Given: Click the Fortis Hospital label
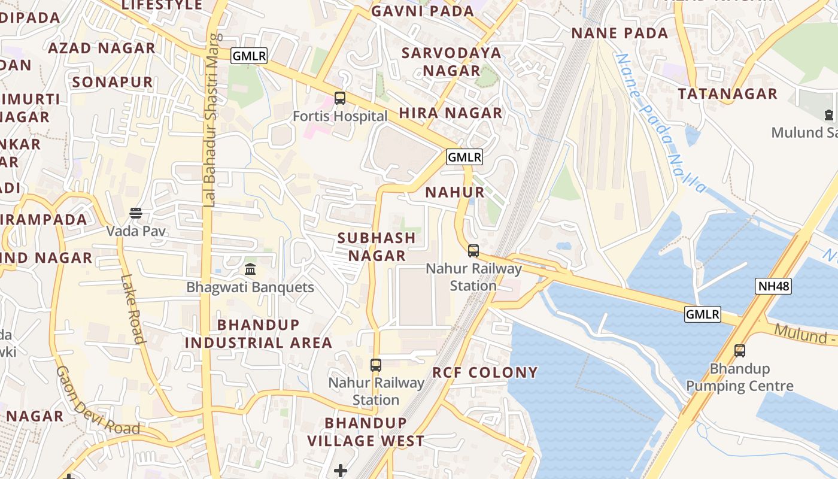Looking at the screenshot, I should (x=340, y=116).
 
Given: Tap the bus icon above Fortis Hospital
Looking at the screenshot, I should (x=340, y=98).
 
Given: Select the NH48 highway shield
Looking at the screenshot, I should (x=773, y=286).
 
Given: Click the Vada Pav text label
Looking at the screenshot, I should (x=136, y=231).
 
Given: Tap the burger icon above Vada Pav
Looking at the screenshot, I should (x=136, y=213).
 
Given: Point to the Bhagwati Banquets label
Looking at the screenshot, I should (x=250, y=287).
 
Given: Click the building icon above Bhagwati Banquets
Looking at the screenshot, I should (x=250, y=269).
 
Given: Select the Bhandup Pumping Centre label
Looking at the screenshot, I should (x=740, y=377).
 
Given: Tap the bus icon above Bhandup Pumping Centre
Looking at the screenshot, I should (x=740, y=351).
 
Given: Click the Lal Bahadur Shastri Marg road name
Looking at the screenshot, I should (x=209, y=120).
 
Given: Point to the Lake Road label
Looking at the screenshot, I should (x=133, y=308).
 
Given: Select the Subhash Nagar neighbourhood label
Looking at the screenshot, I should (x=377, y=247).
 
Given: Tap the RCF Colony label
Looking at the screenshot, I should (x=485, y=372).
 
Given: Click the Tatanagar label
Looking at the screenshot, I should (x=727, y=94).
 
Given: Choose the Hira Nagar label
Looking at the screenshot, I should (x=451, y=113).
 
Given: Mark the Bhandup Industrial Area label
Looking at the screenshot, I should (x=258, y=334).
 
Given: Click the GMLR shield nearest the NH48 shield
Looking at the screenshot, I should (x=703, y=314).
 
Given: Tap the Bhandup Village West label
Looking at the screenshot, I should (x=366, y=432).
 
